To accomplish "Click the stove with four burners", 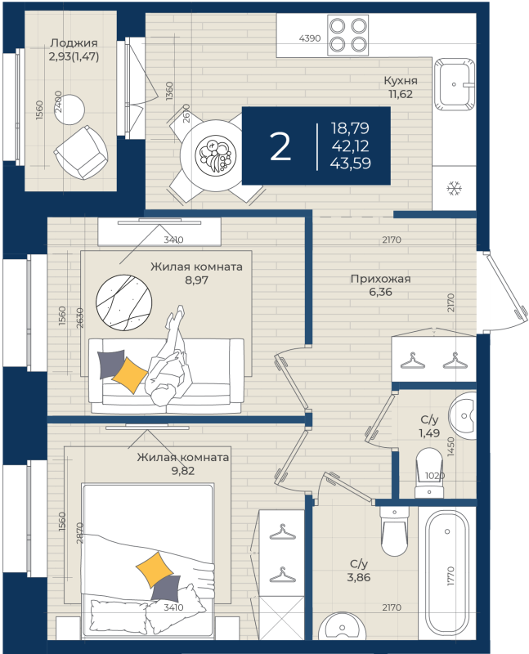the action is (348, 34).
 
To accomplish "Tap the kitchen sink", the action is (455, 84).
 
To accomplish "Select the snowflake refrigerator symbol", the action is (454, 188).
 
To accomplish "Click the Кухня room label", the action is (401, 80).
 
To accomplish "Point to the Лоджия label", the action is (74, 43).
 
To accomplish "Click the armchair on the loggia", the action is (81, 153).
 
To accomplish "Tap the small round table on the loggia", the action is (69, 110).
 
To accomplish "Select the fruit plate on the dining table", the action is (216, 155).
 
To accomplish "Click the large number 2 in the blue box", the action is (280, 147).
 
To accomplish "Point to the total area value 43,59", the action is (350, 163).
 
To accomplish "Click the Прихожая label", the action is (380, 279).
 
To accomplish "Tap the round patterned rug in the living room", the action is (124, 302).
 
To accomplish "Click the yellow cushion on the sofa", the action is (130, 374).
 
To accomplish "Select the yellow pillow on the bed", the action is (155, 569).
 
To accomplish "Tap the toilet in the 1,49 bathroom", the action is (429, 473).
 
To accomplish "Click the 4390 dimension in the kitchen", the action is (310, 38).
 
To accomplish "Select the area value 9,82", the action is (183, 471).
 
